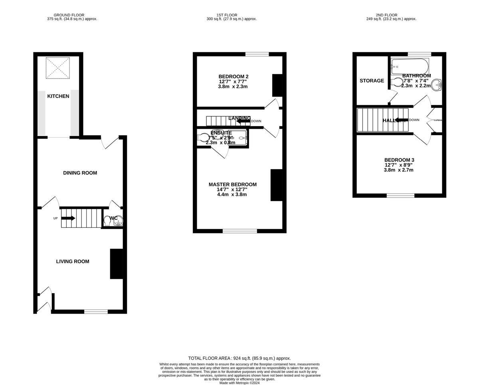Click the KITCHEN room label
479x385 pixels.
click(x=58, y=96)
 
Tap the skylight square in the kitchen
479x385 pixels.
click(x=58, y=68)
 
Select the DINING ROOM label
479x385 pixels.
click(x=80, y=173)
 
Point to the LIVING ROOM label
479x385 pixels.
click(x=72, y=261)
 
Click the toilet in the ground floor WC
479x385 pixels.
click(x=107, y=221)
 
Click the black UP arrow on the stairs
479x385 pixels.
click(x=68, y=218)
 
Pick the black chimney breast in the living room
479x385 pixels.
click(x=116, y=264)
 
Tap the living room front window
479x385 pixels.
click(x=96, y=311)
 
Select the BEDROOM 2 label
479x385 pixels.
click(x=234, y=77)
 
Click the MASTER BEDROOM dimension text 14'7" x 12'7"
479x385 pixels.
click(x=232, y=190)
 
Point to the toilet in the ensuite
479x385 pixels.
click(x=203, y=138)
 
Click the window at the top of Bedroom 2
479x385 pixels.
click(x=257, y=54)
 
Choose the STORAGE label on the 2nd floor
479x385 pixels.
click(x=372, y=81)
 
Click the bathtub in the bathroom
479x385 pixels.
click(x=410, y=65)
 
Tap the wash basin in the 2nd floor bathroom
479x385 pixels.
click(x=438, y=85)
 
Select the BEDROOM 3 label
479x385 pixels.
click(x=399, y=160)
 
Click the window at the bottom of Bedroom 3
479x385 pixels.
click(x=400, y=195)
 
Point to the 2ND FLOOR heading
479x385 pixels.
click(x=391, y=15)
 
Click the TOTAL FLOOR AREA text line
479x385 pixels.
click(x=239, y=358)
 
